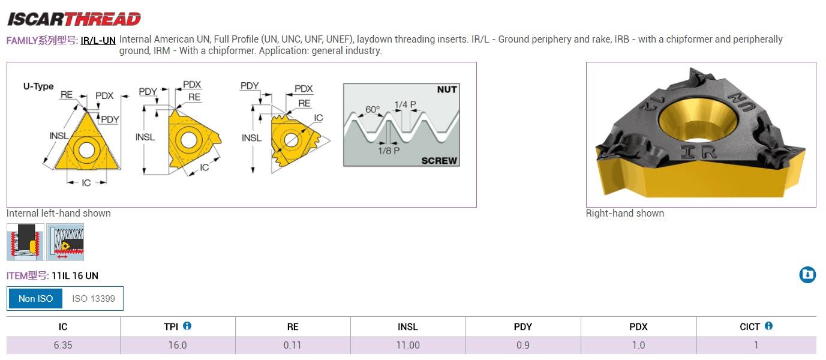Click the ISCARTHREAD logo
74,19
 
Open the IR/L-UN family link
98,41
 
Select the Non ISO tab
36,298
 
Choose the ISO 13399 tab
94,298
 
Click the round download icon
807,275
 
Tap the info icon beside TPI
187,326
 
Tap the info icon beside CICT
768,326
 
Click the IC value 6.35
63,345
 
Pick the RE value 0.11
292,345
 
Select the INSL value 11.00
408,345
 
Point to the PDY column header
523,327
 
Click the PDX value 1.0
639,345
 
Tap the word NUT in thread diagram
447,89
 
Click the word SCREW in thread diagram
439,161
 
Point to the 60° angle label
373,110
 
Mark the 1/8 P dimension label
389,151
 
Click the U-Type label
38,86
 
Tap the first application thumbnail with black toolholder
25,242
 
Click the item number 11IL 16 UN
75,276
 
